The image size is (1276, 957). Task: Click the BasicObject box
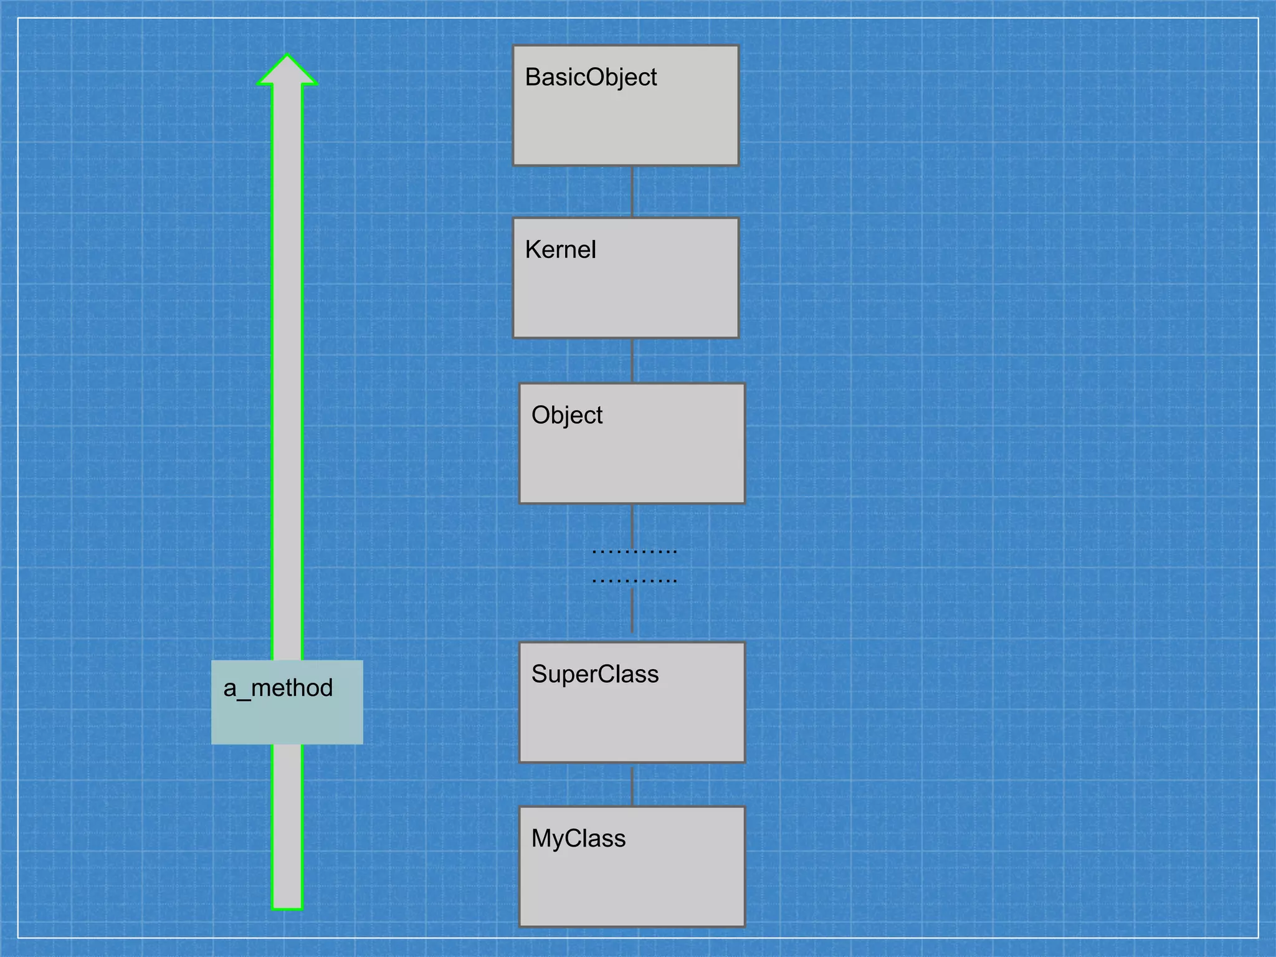coord(626,106)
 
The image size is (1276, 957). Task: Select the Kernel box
coord(626,278)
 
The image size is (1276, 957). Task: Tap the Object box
coord(632,444)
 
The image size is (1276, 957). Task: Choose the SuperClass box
coord(632,703)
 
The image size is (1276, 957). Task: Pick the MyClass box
coord(632,867)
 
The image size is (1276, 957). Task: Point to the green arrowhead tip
coord(287,56)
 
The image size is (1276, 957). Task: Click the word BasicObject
coord(591,78)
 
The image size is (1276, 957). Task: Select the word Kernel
coord(560,250)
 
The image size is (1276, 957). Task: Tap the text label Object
coord(567,416)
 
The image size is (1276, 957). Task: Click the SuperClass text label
coord(595,674)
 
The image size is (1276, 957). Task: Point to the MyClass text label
coord(578,839)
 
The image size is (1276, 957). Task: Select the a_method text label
coord(278,688)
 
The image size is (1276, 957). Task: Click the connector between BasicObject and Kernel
coord(632,192)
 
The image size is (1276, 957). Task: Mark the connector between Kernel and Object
coord(632,361)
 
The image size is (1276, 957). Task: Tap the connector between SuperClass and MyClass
coord(632,785)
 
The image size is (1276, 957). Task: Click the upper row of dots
coord(634,551)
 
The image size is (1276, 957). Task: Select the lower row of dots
coord(634,581)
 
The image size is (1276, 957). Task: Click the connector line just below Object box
coord(632,523)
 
